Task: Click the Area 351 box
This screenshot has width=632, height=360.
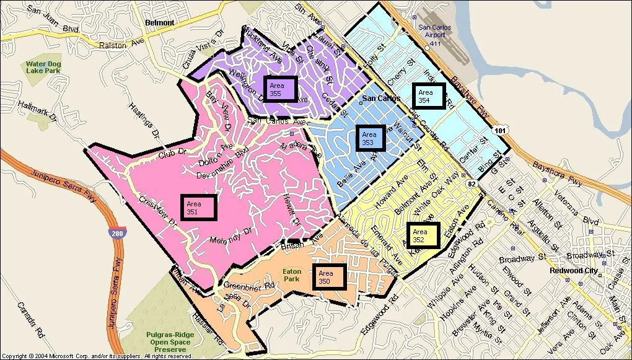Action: coord(200,207)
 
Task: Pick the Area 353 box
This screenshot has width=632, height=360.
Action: coord(370,138)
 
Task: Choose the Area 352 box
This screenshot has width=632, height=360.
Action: coord(423,235)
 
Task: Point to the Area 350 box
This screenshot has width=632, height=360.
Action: coord(329,276)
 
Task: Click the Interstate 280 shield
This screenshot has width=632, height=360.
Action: coord(115,234)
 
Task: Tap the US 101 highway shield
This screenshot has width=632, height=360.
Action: coord(499,130)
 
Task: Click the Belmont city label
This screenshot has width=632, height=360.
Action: coord(159,22)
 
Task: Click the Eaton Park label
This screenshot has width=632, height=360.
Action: coord(291,274)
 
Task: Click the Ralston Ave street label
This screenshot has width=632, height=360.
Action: coord(118,45)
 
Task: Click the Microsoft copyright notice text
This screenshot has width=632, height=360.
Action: coord(97,356)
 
